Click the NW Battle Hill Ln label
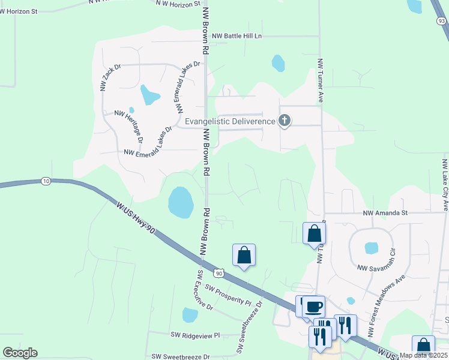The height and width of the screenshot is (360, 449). (237, 36)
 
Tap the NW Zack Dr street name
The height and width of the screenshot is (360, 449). (111, 77)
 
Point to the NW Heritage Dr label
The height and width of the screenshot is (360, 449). (128, 125)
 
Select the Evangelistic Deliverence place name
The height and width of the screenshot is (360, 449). (230, 121)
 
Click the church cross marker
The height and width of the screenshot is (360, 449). (285, 122)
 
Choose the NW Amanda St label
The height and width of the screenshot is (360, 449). (385, 212)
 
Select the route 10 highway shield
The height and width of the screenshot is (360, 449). (46, 181)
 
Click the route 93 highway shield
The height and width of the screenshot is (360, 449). (441, 21)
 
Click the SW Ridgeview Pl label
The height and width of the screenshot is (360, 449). (196, 335)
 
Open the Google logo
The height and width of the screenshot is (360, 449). (20, 353)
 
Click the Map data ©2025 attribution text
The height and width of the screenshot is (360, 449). (423, 355)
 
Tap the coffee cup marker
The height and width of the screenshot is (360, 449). (313, 307)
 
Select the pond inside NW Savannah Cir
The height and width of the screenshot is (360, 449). (372, 247)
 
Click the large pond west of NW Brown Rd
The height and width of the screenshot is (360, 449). (181, 202)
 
